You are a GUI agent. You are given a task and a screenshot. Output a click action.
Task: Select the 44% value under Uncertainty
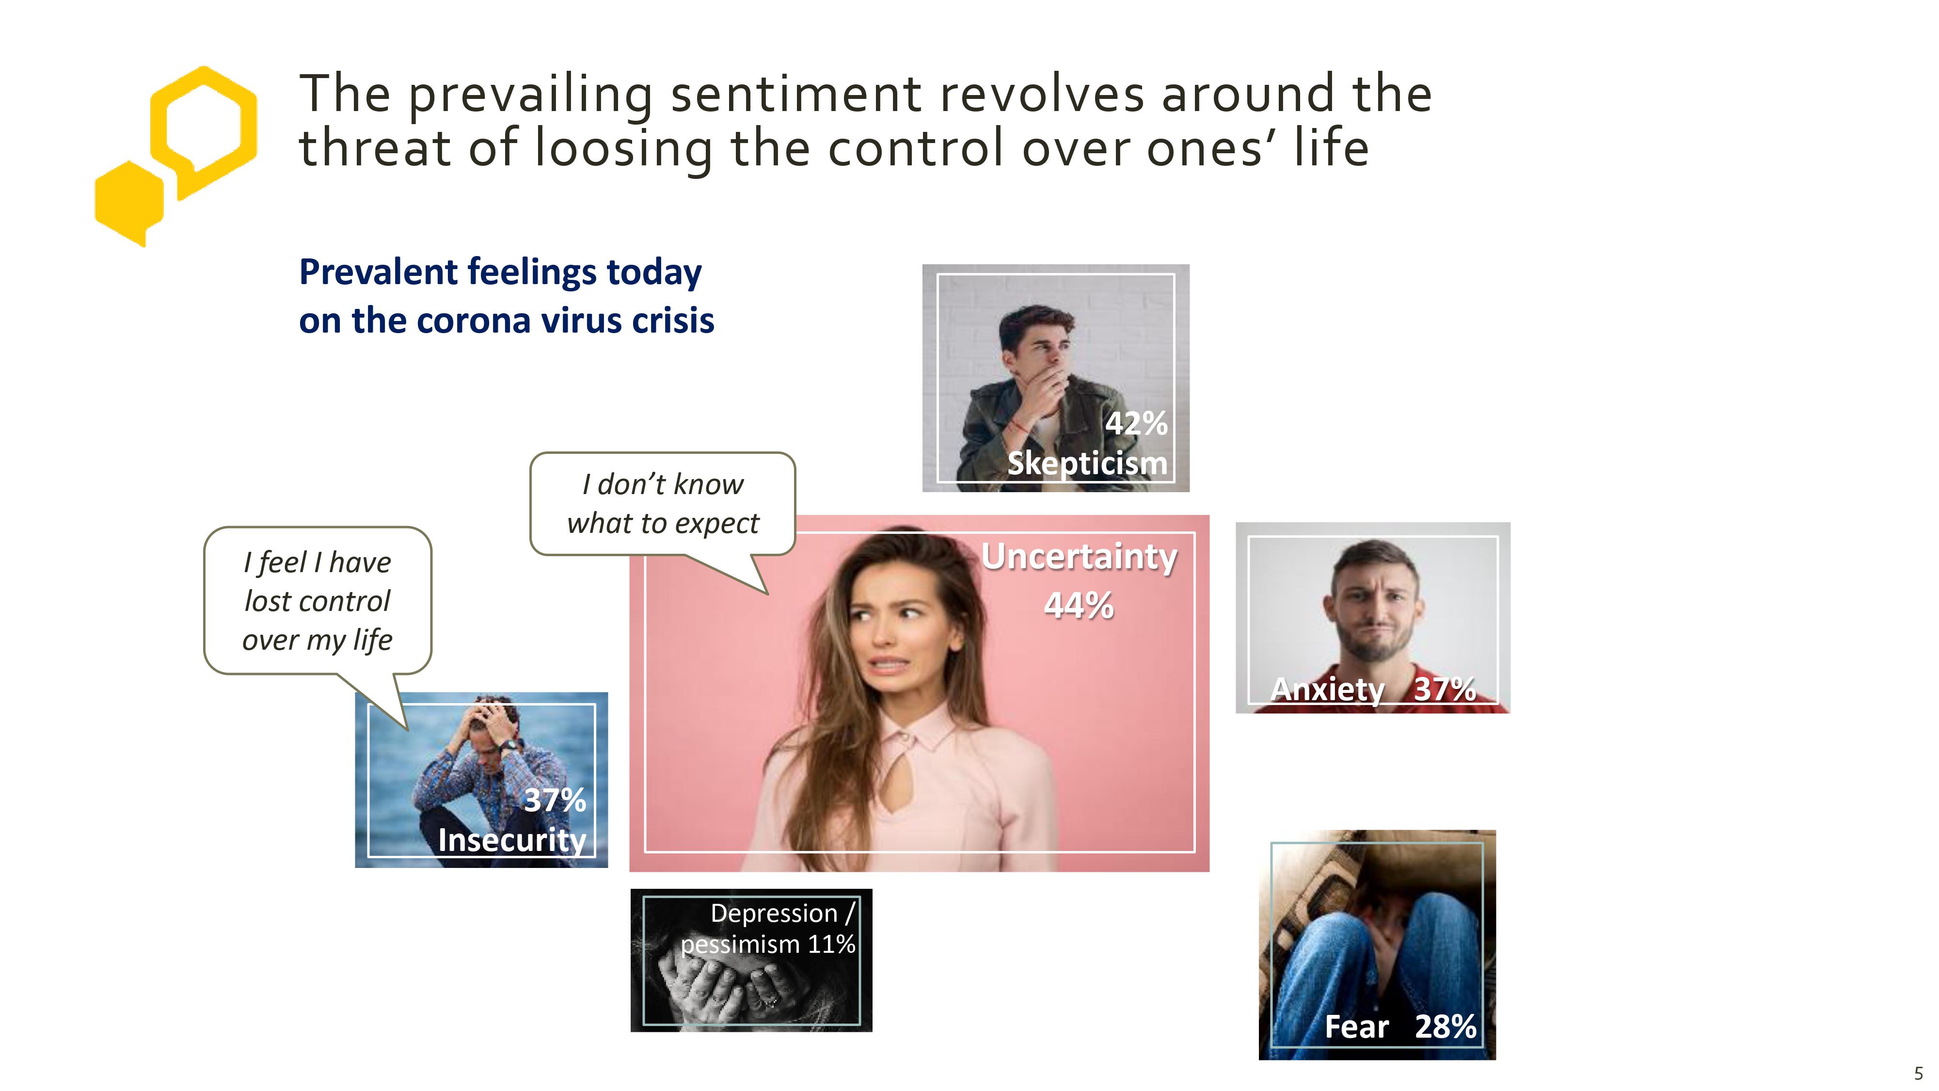(1079, 605)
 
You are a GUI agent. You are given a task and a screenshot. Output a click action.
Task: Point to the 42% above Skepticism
(1136, 423)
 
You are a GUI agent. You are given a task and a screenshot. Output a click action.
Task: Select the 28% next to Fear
(1445, 1026)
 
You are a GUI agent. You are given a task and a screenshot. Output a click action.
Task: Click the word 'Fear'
(1356, 1026)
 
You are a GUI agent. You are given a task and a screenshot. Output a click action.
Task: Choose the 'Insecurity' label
(512, 839)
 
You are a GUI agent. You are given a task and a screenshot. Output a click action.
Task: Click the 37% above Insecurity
(555, 800)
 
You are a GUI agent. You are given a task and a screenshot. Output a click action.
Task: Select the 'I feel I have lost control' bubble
(318, 600)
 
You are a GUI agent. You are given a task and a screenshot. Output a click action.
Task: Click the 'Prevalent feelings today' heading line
(501, 273)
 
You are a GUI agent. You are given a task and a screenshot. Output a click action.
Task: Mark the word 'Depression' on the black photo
(774, 914)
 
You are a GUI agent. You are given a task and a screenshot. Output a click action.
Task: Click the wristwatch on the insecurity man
(511, 745)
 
